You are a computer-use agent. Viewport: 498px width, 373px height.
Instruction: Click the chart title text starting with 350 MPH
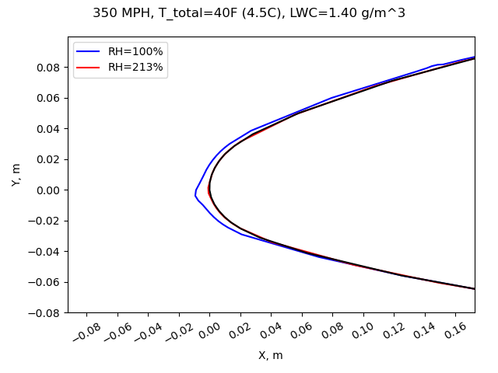point(249,13)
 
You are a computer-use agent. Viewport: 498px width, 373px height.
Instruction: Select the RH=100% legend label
point(135,51)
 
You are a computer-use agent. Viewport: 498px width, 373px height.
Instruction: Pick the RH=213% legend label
point(135,67)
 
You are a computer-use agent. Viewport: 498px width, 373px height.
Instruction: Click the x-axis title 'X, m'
point(271,355)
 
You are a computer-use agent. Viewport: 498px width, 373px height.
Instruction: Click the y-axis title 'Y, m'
point(16,175)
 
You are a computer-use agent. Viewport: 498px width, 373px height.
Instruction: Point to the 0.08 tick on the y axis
point(48,68)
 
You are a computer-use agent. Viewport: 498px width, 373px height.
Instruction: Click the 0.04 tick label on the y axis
point(48,129)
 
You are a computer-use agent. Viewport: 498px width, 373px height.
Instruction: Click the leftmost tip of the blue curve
point(195,193)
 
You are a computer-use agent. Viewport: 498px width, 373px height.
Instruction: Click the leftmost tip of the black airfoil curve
point(209,190)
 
